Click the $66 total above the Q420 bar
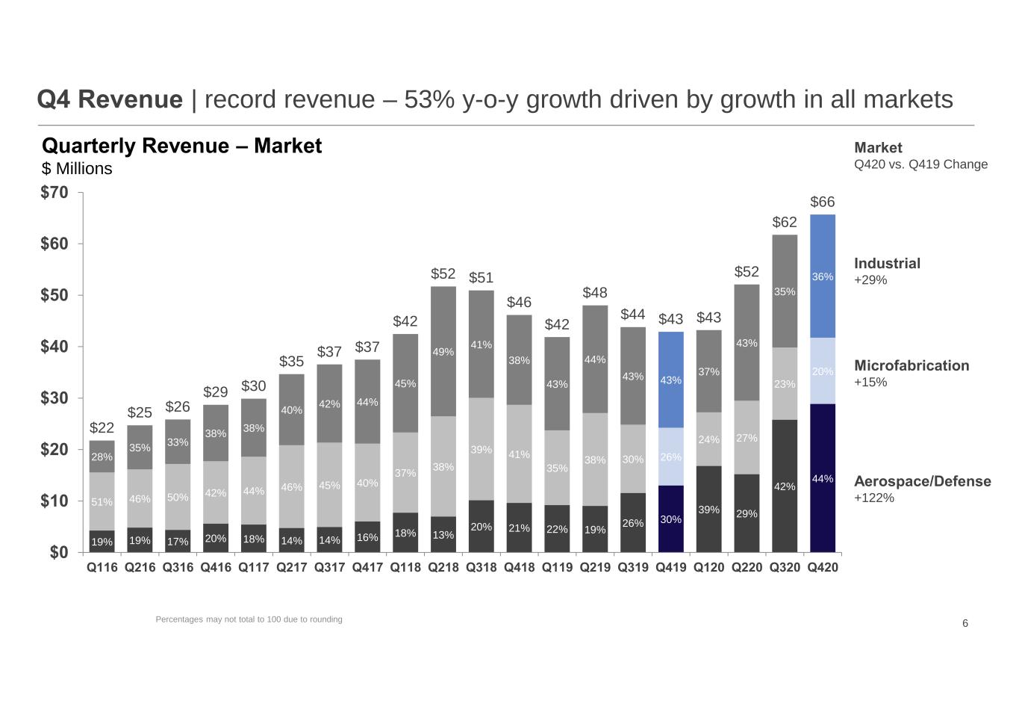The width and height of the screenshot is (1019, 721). click(823, 202)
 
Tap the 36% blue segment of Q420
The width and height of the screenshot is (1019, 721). click(823, 276)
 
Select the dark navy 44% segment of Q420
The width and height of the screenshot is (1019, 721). click(823, 478)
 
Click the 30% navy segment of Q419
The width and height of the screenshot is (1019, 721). click(670, 519)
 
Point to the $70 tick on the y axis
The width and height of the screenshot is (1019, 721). click(54, 192)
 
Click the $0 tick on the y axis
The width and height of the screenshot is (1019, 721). click(59, 552)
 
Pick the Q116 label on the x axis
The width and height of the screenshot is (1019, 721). click(102, 568)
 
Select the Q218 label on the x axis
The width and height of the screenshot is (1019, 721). click(443, 568)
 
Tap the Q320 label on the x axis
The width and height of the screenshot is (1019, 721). click(785, 568)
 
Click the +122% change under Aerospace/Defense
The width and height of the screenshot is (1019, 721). click(874, 498)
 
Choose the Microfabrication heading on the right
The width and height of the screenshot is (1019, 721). click(912, 365)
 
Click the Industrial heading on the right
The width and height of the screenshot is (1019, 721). click(887, 263)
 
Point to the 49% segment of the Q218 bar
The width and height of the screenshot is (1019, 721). click(443, 351)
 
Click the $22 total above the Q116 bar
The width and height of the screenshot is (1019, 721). click(102, 427)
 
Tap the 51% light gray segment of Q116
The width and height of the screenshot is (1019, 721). click(102, 501)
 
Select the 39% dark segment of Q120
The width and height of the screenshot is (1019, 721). click(708, 510)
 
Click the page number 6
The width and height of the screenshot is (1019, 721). click(965, 623)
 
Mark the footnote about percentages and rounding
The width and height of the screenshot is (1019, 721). click(249, 619)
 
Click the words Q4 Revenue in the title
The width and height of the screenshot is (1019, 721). click(110, 99)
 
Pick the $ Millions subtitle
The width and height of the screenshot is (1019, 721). click(77, 168)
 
